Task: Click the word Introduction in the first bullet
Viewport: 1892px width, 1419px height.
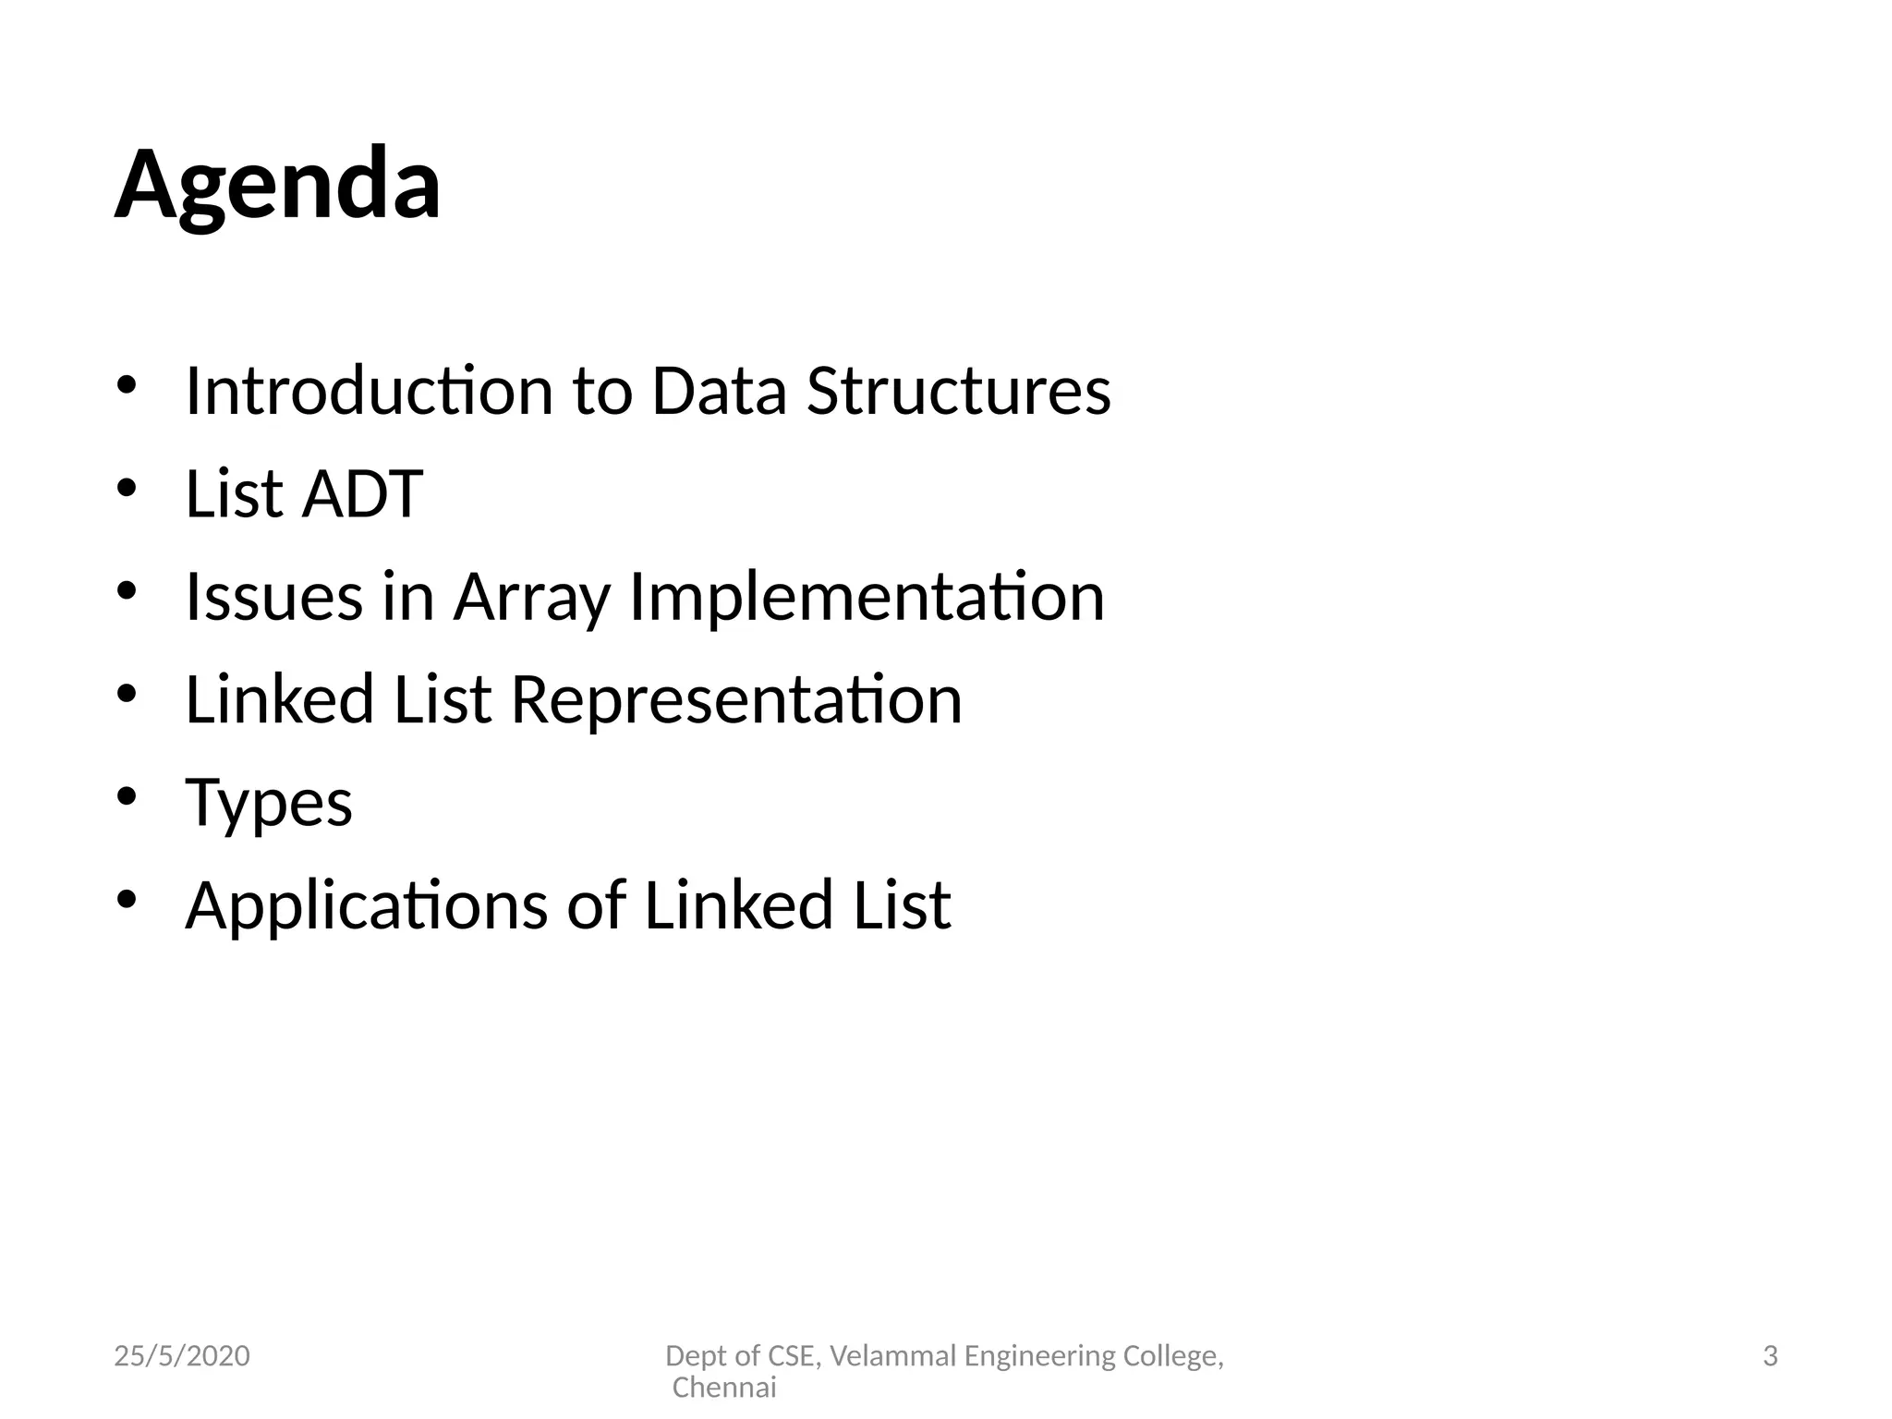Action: tap(369, 391)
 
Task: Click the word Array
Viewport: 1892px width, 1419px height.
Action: tap(531, 599)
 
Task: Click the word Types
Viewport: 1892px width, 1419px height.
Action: tap(269, 804)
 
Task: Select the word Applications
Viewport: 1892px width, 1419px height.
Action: tap(367, 906)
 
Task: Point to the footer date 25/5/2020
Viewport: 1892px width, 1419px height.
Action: tap(182, 1356)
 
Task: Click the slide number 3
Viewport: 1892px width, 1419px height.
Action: tap(1770, 1356)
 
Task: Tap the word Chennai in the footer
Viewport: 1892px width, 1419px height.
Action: tap(724, 1388)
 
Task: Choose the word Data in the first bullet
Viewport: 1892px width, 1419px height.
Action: tap(719, 391)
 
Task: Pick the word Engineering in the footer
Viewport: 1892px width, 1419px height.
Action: tap(1039, 1356)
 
